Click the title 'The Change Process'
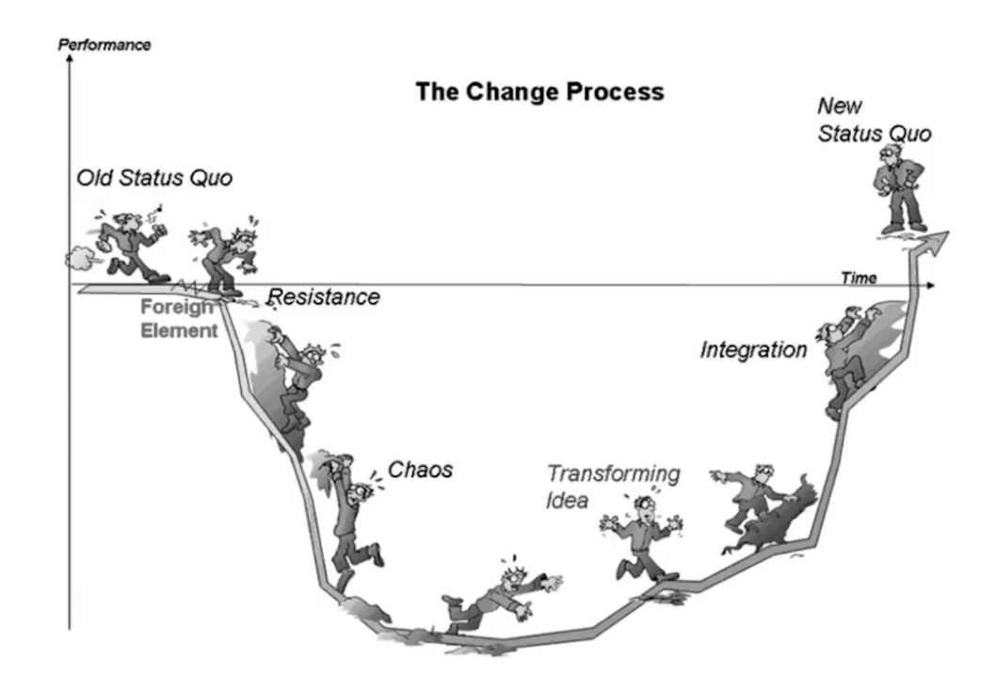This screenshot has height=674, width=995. click(x=539, y=91)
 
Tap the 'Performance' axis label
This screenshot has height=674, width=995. click(x=104, y=44)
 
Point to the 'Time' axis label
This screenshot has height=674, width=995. click(x=859, y=278)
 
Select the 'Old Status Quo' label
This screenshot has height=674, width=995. click(x=154, y=178)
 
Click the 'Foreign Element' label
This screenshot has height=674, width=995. click(x=178, y=318)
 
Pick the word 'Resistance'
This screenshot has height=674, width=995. click(x=324, y=297)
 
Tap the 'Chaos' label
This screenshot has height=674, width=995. click(x=420, y=470)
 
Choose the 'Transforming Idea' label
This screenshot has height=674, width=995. click(x=613, y=487)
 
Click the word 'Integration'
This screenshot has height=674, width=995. click(x=753, y=349)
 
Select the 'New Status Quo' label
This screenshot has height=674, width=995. click(x=874, y=120)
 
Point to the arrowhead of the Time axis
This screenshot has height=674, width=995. click(x=931, y=285)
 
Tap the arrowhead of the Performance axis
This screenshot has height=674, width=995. click(x=69, y=57)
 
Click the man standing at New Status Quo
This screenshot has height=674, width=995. click(x=900, y=188)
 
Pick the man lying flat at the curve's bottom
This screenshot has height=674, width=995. click(x=502, y=597)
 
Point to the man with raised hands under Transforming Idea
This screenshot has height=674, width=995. click(x=642, y=538)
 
